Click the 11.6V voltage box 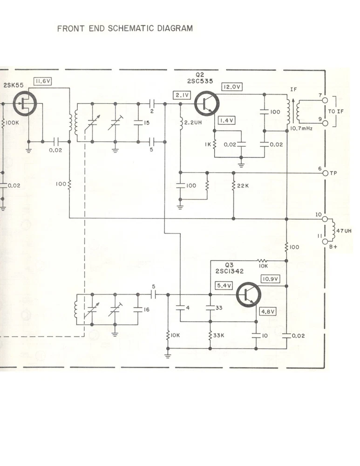pyautogui.click(x=43, y=81)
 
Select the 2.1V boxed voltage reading pyautogui.click(x=182, y=95)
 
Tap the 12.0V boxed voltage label pyautogui.click(x=231, y=87)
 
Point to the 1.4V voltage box pyautogui.click(x=227, y=120)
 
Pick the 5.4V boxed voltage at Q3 pyautogui.click(x=224, y=286)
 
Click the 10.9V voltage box pyautogui.click(x=270, y=279)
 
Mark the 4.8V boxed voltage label pyautogui.click(x=268, y=311)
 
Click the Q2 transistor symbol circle pyautogui.click(x=207, y=103)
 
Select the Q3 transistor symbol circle pyautogui.click(x=249, y=295)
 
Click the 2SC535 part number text pyautogui.click(x=200, y=81)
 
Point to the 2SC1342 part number pyautogui.click(x=230, y=271)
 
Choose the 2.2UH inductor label pyautogui.click(x=193, y=123)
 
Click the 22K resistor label pyautogui.click(x=243, y=186)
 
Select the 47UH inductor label pyautogui.click(x=344, y=231)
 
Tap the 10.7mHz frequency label pyautogui.click(x=301, y=129)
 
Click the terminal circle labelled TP pyautogui.click(x=325, y=173)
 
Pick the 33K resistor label pyautogui.click(x=218, y=335)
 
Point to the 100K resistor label pyautogui.click(x=12, y=123)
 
